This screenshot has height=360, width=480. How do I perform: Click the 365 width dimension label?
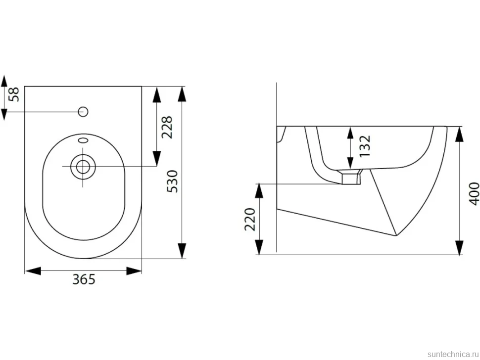(84, 279)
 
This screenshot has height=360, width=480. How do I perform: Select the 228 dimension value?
(167, 127)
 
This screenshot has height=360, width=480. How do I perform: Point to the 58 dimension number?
(14, 94)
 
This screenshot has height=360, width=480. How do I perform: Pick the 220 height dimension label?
(250, 219)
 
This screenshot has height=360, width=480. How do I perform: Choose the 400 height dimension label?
(474, 194)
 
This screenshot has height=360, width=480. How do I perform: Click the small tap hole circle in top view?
(83, 112)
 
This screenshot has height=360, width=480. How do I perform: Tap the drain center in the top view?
(83, 167)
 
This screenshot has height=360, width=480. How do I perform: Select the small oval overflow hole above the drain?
(83, 140)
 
